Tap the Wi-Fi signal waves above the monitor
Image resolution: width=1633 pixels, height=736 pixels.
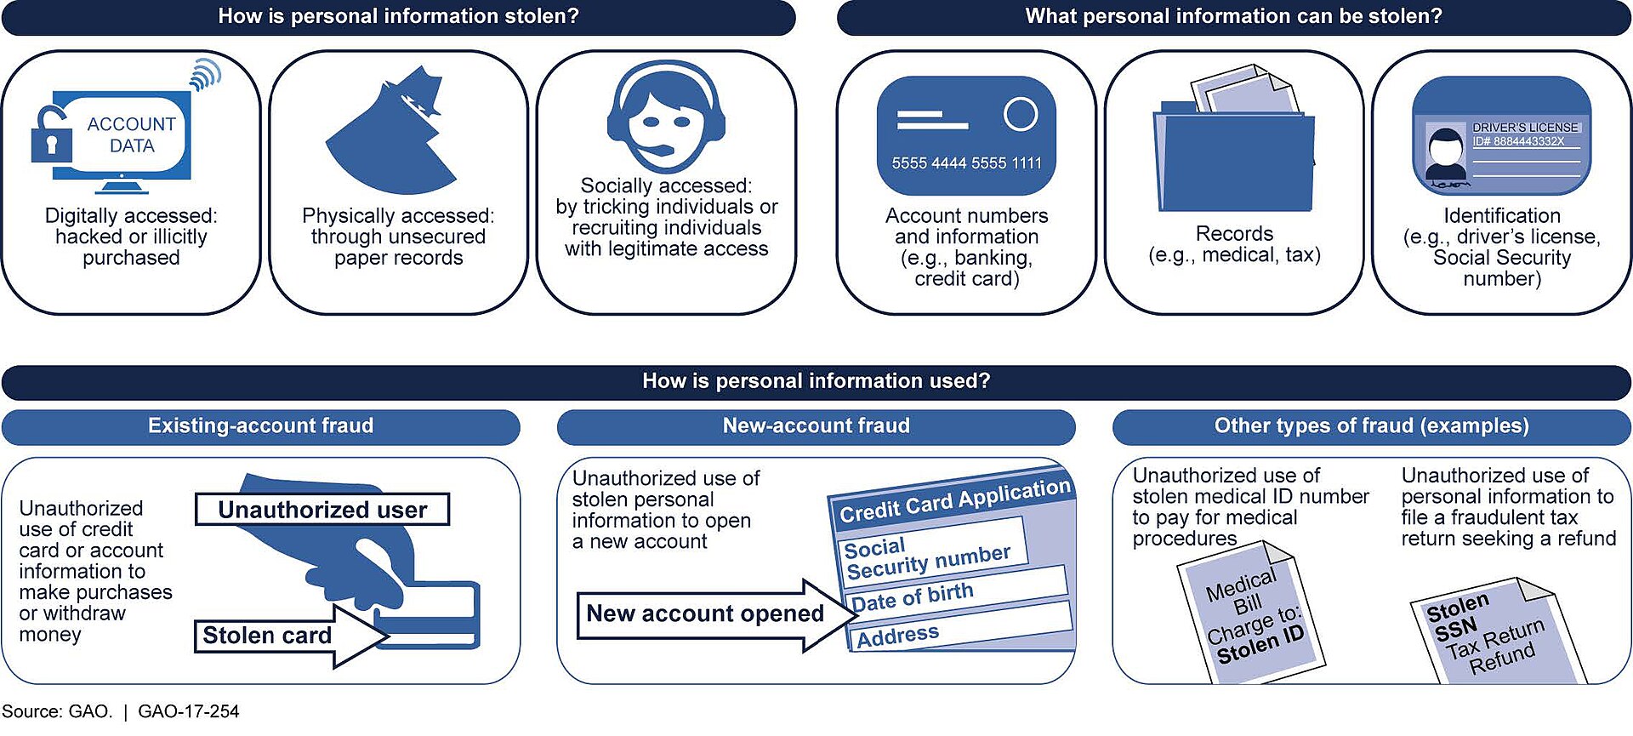coord(205,74)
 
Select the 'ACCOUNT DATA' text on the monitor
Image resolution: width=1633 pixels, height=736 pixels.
coord(131,134)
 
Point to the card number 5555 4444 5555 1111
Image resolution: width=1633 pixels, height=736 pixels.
coord(966,163)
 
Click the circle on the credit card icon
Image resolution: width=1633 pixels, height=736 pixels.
coord(1020,113)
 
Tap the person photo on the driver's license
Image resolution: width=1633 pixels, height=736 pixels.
coord(1445,157)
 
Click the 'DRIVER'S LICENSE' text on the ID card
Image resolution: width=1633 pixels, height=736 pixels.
coord(1525,127)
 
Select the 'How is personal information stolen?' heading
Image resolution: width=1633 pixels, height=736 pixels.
coord(398,16)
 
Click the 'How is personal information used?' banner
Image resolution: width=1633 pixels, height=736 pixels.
coord(816,381)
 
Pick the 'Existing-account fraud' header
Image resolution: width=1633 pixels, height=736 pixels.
coord(260,426)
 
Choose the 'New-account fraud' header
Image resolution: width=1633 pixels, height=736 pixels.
coord(816,426)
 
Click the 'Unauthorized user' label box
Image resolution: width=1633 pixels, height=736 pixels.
coord(322,510)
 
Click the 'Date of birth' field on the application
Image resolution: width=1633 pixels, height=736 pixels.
coord(959,592)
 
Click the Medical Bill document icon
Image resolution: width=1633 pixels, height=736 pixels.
coord(1251,613)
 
